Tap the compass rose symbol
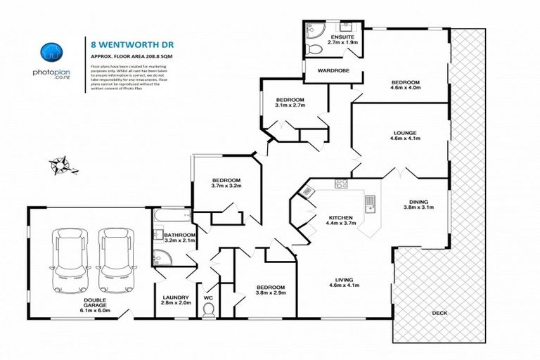[60, 165]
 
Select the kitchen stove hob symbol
[341, 184]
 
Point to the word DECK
[439, 312]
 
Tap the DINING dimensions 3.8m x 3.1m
[418, 207]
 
